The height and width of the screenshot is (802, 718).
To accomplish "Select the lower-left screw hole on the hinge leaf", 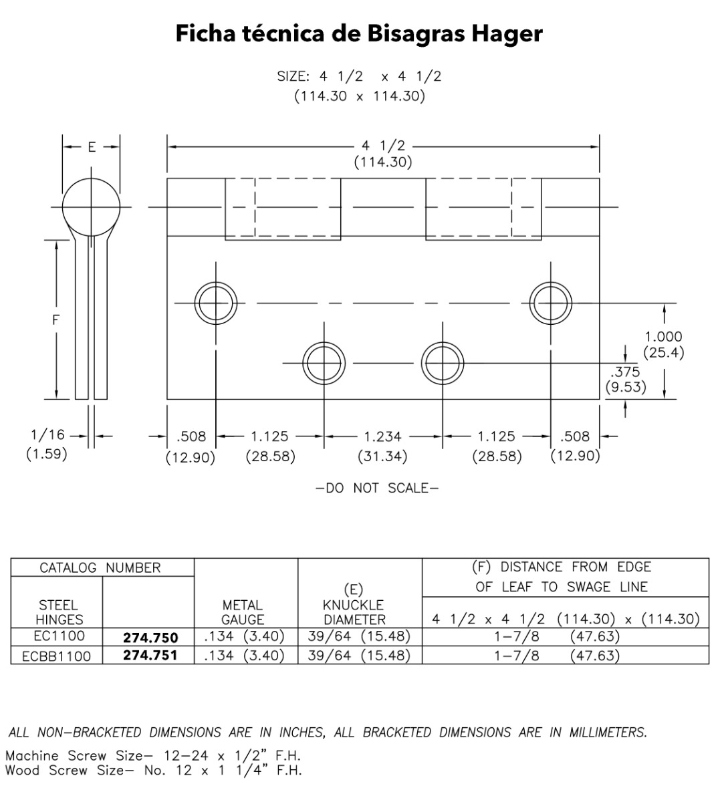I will coord(324,364).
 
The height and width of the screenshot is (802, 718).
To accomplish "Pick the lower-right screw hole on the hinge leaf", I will coord(443,364).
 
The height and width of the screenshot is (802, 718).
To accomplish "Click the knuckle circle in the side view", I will coord(92,207).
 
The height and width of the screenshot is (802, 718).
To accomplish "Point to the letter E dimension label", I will coord(92,147).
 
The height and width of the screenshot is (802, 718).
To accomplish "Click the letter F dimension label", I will coord(56,320).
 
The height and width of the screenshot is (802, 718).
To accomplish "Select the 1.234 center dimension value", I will coord(382,437).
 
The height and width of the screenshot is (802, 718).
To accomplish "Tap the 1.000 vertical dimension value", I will coord(663,337).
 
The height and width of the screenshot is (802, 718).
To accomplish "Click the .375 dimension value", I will coord(625,372).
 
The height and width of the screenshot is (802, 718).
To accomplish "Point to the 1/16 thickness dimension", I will coord(47,435).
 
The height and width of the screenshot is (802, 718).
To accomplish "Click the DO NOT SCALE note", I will coord(378,489).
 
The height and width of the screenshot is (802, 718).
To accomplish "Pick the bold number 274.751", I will coord(150,656).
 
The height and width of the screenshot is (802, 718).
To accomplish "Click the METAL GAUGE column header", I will coord(243,612).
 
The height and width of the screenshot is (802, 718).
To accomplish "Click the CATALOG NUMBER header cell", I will coord(100,568).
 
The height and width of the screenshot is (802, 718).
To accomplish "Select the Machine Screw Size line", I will coord(152,756).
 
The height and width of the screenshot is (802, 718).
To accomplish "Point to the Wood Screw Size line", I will coord(153,771).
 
